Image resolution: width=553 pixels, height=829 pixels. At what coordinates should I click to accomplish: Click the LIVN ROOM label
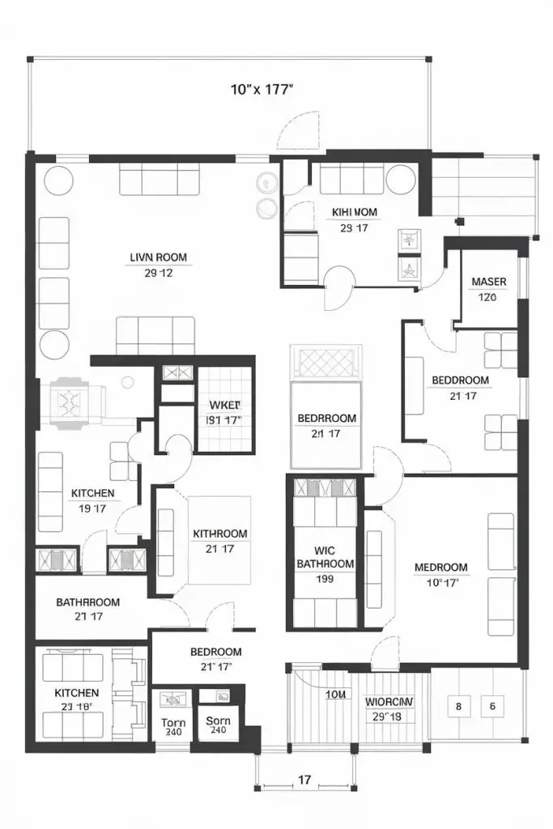[x=158, y=258]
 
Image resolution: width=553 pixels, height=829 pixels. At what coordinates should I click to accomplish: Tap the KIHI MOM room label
[x=355, y=212]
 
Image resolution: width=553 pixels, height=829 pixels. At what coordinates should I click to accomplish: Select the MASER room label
[x=488, y=282]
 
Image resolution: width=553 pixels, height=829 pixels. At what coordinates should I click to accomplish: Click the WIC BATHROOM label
[x=325, y=556]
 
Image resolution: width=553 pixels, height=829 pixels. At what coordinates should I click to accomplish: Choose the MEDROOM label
[x=441, y=568]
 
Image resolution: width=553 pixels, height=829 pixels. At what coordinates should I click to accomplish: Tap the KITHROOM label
[x=220, y=534]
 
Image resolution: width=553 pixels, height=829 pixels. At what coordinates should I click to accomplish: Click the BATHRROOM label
[x=88, y=602]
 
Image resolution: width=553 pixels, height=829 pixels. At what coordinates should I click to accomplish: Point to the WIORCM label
[x=389, y=701]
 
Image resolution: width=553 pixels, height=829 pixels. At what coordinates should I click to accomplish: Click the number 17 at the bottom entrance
[x=304, y=780]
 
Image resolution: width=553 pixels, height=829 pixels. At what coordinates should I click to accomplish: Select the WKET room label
[x=224, y=405]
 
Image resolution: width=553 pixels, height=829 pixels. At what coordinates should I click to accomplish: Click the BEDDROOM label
[x=460, y=380]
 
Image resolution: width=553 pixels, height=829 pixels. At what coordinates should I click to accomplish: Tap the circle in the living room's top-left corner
[x=58, y=180]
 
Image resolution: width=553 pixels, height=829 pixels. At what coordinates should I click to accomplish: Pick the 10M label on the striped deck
[x=336, y=694]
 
